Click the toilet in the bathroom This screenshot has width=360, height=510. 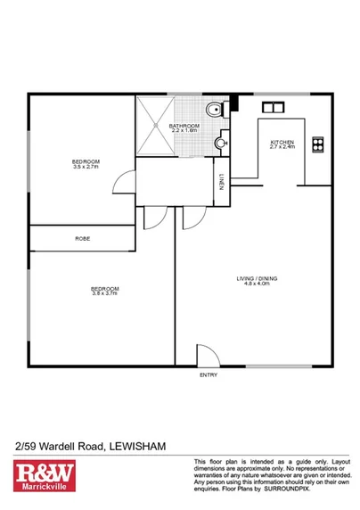point(211,111)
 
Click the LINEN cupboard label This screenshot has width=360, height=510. point(220,185)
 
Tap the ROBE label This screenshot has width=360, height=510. point(82,239)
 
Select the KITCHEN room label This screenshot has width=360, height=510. point(282,142)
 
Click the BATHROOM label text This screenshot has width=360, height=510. point(184,126)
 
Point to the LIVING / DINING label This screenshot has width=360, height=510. point(257,280)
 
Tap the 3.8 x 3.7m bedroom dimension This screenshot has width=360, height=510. point(105,293)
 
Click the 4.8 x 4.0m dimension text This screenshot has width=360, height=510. point(258,286)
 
